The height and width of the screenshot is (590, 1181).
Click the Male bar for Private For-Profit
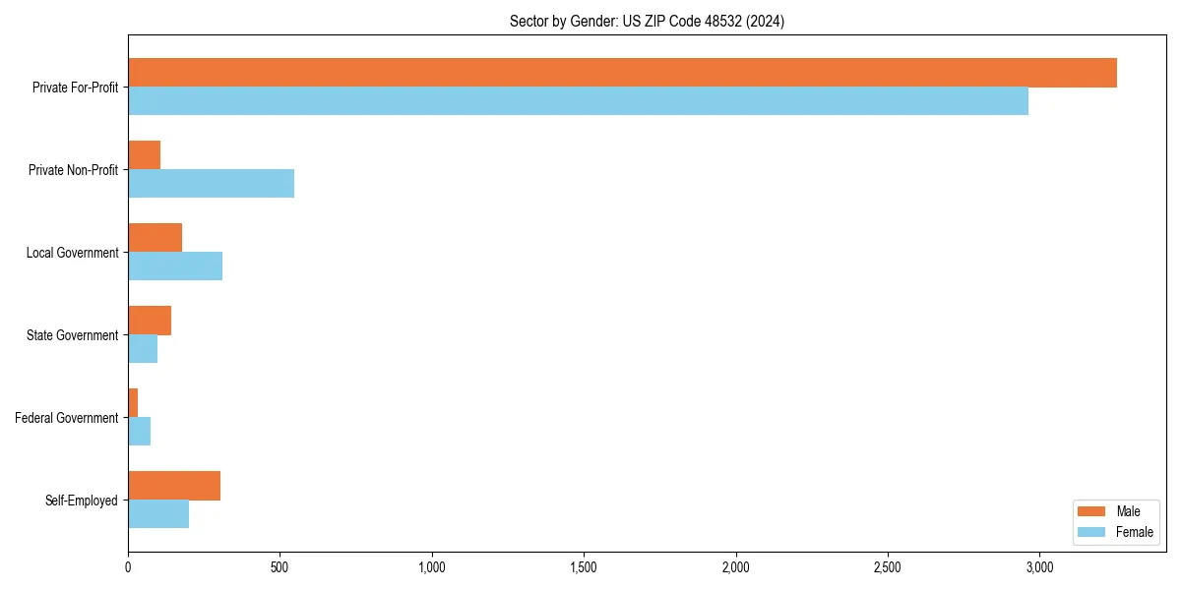point(622,73)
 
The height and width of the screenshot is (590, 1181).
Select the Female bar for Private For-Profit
point(578,100)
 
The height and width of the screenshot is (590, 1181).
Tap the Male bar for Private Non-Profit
point(144,155)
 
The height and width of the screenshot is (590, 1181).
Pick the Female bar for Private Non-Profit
point(211,183)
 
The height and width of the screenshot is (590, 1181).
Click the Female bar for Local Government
point(175,265)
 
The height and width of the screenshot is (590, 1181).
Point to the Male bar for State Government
point(150,321)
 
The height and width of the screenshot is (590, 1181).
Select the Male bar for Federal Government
point(133,403)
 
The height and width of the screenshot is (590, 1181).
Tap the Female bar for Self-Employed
point(158,514)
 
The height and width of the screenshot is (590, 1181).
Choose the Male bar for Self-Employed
point(174,486)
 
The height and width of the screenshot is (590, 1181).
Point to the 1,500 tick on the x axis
point(584,567)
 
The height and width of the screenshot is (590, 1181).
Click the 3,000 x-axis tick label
point(1039,567)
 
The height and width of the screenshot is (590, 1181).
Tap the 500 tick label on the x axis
point(280,567)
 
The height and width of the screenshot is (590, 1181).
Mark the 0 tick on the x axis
point(128,567)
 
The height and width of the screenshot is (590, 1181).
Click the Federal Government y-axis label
point(66,418)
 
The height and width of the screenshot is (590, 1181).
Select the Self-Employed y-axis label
point(81,501)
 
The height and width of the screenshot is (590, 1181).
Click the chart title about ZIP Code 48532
point(647,21)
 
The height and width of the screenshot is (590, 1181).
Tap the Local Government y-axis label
point(72,253)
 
